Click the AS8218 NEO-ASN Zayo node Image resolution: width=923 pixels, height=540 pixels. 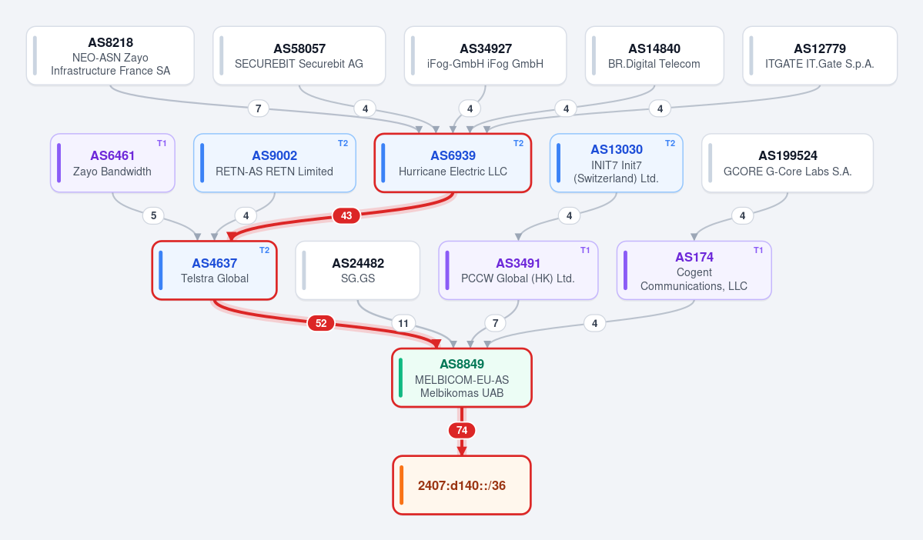[110, 56]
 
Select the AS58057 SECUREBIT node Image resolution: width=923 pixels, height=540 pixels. [299, 56]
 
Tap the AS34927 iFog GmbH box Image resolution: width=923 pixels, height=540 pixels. [485, 56]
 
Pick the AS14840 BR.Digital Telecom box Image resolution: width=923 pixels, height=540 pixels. [654, 56]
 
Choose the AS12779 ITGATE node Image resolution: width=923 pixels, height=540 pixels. [819, 56]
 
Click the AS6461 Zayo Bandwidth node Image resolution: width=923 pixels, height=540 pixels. [112, 163]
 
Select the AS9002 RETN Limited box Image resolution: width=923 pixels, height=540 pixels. [274, 163]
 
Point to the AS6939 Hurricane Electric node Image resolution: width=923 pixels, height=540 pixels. [453, 163]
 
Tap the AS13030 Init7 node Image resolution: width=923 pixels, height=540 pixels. [617, 163]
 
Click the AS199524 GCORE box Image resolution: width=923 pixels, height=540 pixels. [788, 163]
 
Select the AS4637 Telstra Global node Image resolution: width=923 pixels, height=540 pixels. [214, 271]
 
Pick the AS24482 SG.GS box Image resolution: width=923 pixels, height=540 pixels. [358, 271]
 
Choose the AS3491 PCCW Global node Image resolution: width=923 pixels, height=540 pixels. [518, 271]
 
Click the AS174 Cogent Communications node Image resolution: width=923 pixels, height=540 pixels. [694, 271]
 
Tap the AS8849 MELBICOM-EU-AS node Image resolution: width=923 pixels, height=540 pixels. [462, 378]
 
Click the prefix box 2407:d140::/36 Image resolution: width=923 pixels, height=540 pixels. [462, 485]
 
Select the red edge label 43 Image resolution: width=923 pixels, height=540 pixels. [346, 216]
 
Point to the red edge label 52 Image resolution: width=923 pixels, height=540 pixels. [321, 323]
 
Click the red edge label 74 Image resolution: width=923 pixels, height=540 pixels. [462, 431]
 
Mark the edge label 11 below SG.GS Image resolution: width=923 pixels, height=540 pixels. [403, 323]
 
